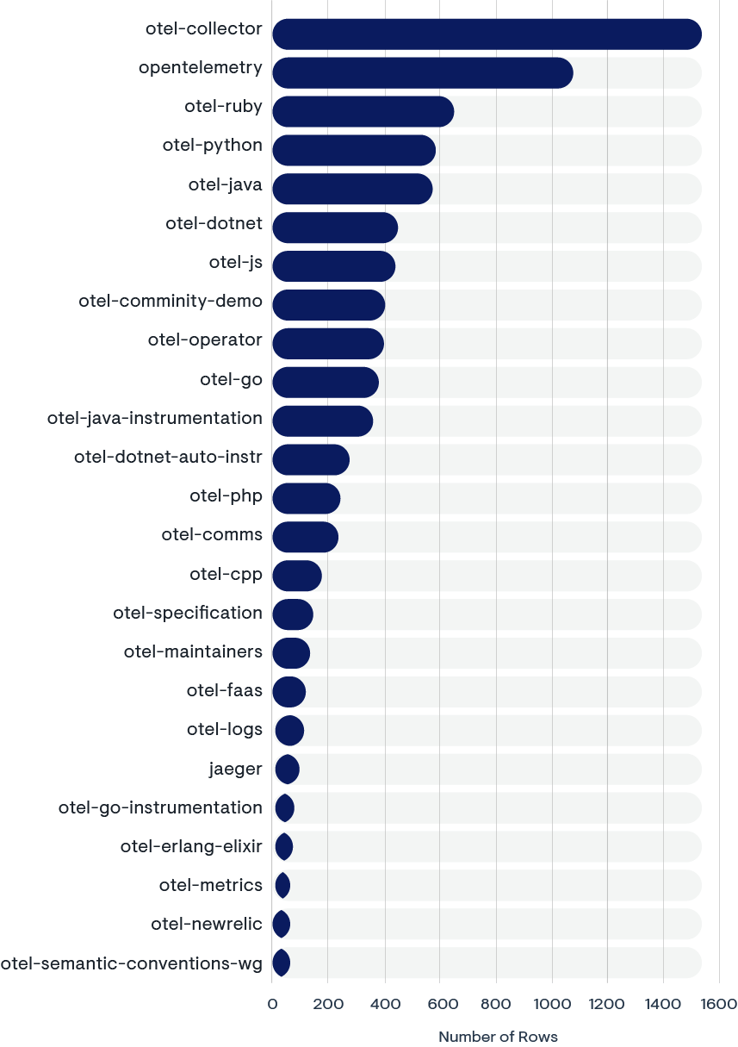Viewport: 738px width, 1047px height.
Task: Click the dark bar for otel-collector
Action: tap(487, 34)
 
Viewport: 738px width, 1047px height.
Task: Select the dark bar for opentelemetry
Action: tap(422, 72)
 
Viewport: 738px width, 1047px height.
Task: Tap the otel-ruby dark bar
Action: tap(363, 111)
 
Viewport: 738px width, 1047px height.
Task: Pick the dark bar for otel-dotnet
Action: tap(335, 227)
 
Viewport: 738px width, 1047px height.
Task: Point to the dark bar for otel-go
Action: tap(326, 382)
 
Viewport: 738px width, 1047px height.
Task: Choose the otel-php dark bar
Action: tap(306, 498)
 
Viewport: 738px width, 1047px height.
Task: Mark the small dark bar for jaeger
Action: tap(287, 769)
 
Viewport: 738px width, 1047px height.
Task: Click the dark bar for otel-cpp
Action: tap(297, 576)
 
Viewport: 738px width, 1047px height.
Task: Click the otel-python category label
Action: tap(212, 145)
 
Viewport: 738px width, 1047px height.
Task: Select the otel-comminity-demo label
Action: tap(170, 301)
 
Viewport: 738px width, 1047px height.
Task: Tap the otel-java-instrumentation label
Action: tap(154, 418)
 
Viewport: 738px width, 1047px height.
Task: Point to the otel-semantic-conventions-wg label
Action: tap(131, 963)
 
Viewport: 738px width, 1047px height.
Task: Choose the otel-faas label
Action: tap(224, 690)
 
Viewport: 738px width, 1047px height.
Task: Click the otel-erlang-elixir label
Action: tap(191, 846)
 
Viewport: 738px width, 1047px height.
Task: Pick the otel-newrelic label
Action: tap(207, 924)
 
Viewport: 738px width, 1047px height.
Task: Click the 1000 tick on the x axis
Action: tap(551, 1004)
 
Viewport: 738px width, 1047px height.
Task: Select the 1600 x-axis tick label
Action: tap(718, 1004)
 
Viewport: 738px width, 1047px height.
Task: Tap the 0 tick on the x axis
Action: tap(272, 1004)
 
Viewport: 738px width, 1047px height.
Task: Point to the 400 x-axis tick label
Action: tap(384, 1004)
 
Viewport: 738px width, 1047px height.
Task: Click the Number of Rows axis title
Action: tap(498, 1037)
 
